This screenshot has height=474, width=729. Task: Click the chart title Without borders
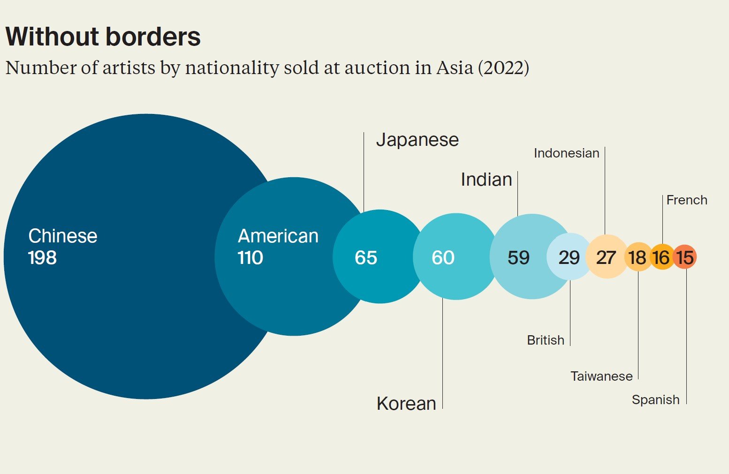click(x=103, y=37)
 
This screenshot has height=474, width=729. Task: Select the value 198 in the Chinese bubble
click(x=42, y=258)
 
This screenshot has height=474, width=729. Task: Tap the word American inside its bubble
click(x=278, y=236)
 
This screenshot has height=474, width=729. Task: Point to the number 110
click(x=251, y=258)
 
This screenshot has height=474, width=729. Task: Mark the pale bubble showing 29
click(x=569, y=257)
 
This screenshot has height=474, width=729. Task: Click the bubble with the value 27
click(x=606, y=257)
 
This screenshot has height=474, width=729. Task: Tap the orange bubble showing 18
click(x=638, y=257)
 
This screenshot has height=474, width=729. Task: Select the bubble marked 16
click(x=661, y=257)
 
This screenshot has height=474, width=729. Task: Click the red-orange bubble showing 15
click(x=685, y=257)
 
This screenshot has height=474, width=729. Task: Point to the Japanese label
click(x=418, y=140)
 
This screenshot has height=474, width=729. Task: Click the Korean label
click(x=406, y=404)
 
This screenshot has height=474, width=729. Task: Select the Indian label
click(x=486, y=180)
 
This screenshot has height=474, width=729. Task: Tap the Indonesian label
click(x=567, y=153)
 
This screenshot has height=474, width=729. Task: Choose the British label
click(x=546, y=340)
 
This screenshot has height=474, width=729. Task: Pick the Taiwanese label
click(x=601, y=376)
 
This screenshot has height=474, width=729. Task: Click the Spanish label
click(x=655, y=400)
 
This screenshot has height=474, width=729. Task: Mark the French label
click(x=687, y=200)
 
